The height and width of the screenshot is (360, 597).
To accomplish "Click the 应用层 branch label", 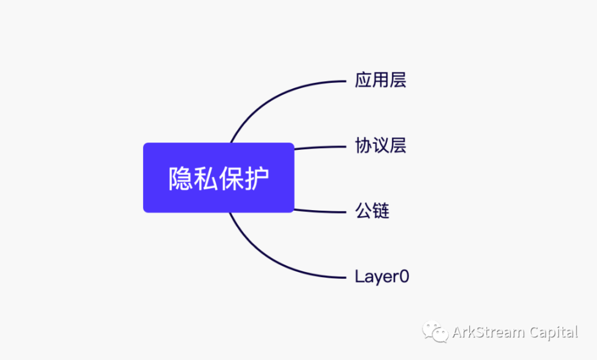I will (380, 80).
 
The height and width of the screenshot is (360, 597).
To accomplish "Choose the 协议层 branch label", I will (380, 146).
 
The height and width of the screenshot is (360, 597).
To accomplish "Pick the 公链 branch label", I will (372, 211).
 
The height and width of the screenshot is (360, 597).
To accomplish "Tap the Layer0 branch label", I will (381, 276).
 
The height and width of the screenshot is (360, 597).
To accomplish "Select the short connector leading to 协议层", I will (319, 147).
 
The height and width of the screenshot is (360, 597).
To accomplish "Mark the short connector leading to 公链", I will (319, 211).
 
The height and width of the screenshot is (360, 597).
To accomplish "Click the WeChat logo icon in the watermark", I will (435, 332).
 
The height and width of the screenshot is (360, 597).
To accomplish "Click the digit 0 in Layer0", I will (404, 276).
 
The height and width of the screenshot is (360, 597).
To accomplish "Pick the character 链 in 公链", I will (380, 211).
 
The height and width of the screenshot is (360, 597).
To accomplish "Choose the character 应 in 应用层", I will (363, 80).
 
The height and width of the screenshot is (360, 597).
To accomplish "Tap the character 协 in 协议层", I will (363, 146).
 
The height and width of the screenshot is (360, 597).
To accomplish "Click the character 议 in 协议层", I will (380, 146).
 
